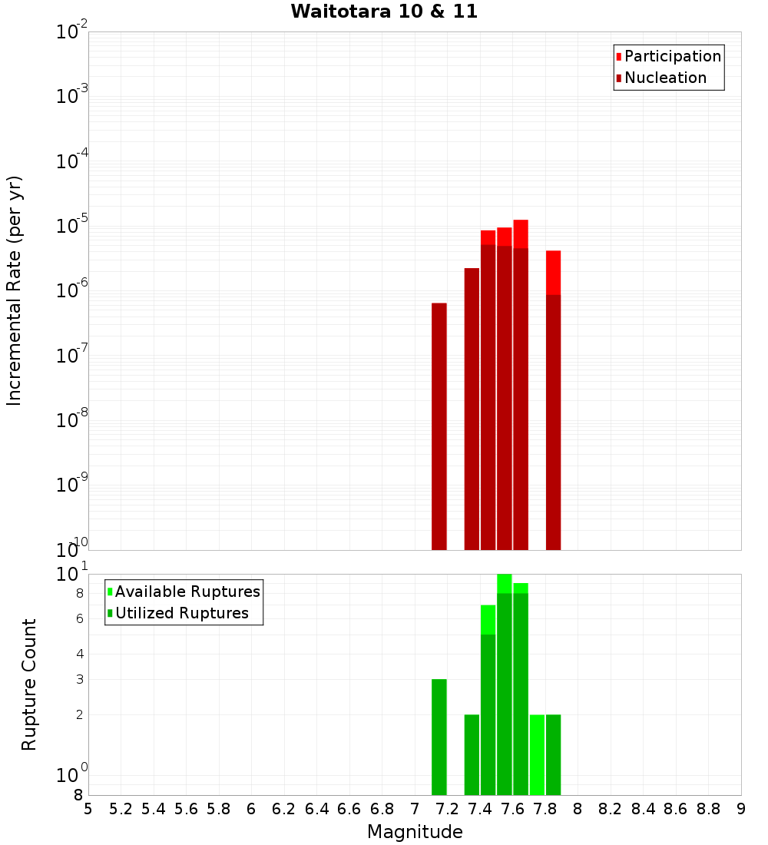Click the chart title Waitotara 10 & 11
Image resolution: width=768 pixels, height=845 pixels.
pos(384,12)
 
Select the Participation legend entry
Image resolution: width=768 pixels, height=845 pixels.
pos(672,56)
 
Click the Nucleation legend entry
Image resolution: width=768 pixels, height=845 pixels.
pos(664,78)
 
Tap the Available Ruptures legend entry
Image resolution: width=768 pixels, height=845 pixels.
pos(187,591)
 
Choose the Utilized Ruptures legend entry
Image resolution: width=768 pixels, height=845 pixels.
pos(181,613)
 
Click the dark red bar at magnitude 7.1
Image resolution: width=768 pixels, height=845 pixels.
pos(439,426)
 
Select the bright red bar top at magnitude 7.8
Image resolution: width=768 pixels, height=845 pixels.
pos(553,272)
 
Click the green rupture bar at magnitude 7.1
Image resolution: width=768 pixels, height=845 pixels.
pos(439,737)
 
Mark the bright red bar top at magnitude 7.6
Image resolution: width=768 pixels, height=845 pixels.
pos(521,234)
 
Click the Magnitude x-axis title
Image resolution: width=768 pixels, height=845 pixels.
pos(415,832)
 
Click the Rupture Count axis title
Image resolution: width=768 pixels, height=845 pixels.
pos(29,684)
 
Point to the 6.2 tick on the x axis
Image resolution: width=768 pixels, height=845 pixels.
pos(284,809)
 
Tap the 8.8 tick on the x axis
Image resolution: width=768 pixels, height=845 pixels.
pos(708,809)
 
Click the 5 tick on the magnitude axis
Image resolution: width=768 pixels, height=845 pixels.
pos(88,809)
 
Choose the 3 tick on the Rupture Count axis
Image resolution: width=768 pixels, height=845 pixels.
pos(80,679)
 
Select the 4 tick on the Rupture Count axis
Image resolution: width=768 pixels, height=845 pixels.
pos(80,654)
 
